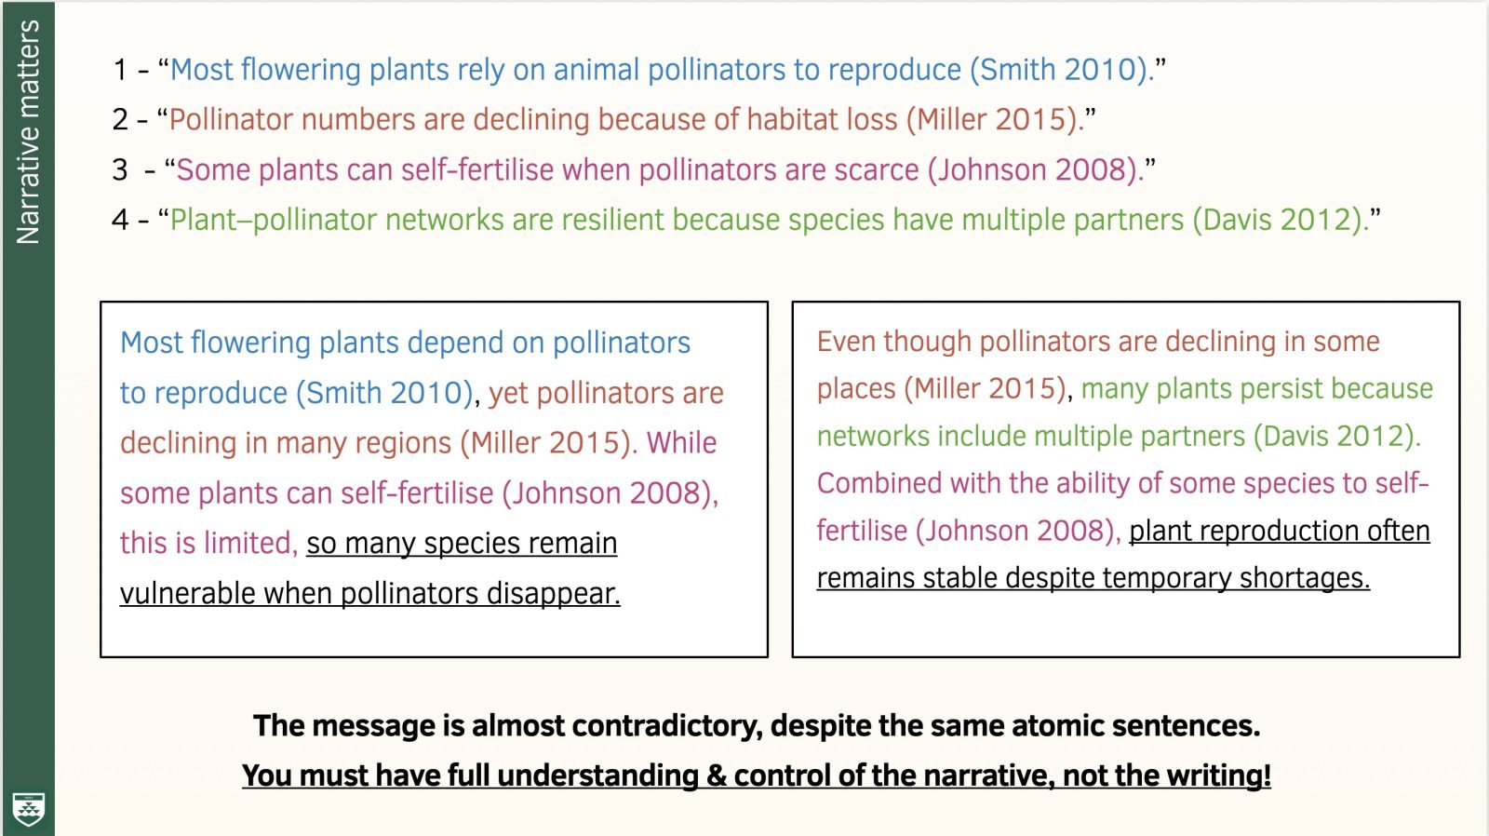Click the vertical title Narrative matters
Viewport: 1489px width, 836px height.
coord(28,131)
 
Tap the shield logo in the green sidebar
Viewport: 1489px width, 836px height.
coord(28,809)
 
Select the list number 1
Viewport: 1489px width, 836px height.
coord(120,70)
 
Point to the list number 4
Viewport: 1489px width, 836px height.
coord(120,220)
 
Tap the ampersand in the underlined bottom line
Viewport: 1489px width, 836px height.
coord(717,776)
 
